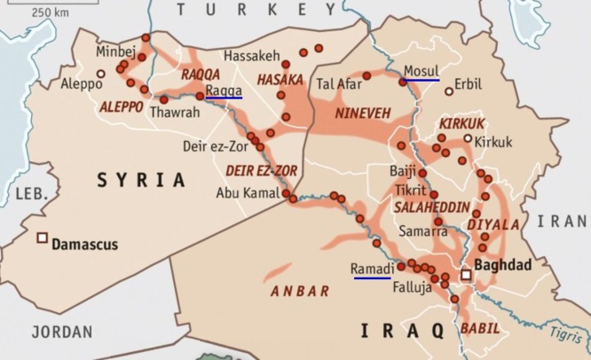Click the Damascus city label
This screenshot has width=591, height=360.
(84, 243)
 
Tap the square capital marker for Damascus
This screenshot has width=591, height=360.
(41, 238)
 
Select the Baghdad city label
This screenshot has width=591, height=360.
(503, 264)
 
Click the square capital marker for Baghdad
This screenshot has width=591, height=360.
(466, 275)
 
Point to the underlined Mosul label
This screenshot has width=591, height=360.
(421, 71)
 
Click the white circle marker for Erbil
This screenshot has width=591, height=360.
(449, 87)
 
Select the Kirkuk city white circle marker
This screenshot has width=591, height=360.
(468, 138)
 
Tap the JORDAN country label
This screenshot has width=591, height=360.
(61, 332)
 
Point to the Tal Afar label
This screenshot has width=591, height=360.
(338, 84)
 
